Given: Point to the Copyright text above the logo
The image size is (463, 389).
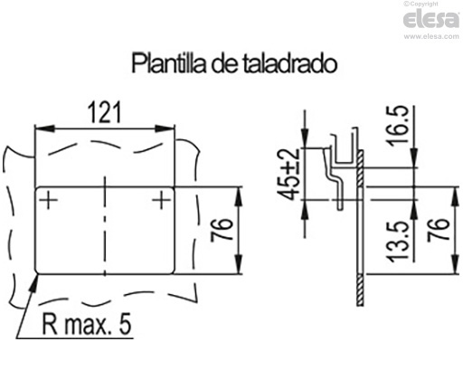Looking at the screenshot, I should click(x=438, y=5).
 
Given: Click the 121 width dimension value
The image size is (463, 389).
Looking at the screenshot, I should click(x=106, y=113).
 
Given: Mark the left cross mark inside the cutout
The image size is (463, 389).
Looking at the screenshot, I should click(x=50, y=199).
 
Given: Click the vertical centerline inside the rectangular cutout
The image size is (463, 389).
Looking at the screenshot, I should click(x=106, y=226).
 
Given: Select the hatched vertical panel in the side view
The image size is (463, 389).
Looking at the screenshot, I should click(x=359, y=226).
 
